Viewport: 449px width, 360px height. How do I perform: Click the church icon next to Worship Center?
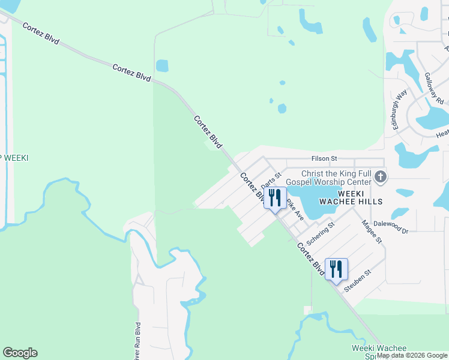[x=380, y=177]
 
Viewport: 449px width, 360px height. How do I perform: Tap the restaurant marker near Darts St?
[x=275, y=198]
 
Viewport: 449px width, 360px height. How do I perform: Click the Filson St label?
[x=325, y=158]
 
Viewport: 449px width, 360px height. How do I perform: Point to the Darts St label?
[x=271, y=179]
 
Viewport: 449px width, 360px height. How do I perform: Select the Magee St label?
[x=372, y=231]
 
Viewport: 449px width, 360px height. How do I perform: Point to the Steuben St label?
[x=358, y=281]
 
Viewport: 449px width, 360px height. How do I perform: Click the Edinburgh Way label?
[x=401, y=103]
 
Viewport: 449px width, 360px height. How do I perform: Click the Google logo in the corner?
[x=20, y=353]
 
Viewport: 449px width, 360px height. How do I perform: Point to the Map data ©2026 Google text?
[x=412, y=355]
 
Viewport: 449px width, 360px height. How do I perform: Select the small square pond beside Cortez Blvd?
[x=162, y=65]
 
